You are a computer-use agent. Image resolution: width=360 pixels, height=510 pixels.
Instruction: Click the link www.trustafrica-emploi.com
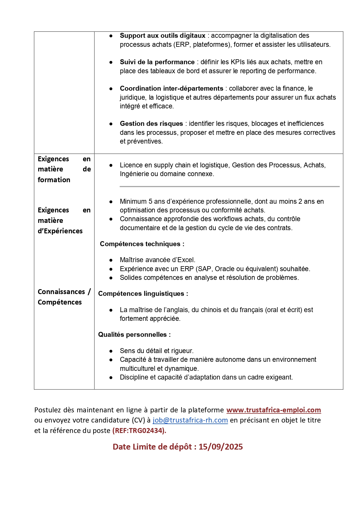pyautogui.click(x=273, y=410)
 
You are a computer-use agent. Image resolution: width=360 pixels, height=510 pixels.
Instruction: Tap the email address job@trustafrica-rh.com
pyautogui.click(x=190, y=420)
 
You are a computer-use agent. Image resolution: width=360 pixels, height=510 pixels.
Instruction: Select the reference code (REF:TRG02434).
pyautogui.click(x=139, y=431)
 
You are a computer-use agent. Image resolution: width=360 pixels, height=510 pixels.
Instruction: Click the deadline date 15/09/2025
pyautogui.click(x=221, y=447)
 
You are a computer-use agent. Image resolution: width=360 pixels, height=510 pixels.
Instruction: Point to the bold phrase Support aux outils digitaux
pyautogui.click(x=163, y=35)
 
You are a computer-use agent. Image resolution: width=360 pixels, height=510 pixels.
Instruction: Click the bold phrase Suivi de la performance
pyautogui.click(x=157, y=62)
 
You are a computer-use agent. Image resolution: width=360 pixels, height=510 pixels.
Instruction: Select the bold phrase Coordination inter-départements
pyautogui.click(x=171, y=88)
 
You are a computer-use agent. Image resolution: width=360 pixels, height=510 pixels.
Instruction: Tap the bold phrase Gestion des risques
pyautogui.click(x=151, y=124)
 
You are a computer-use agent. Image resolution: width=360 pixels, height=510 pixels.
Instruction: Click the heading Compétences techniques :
pyautogui.click(x=142, y=244)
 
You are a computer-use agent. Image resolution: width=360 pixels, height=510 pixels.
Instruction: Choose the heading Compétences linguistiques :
pyautogui.click(x=143, y=294)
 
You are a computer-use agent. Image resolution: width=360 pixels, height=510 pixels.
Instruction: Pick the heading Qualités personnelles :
pyautogui.click(x=134, y=334)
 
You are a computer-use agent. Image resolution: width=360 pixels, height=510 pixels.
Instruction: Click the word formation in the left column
pyautogui.click(x=54, y=180)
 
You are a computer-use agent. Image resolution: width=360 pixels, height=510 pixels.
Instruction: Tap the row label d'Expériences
pyautogui.click(x=60, y=231)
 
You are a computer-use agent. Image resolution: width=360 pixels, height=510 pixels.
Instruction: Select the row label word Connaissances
pyautogui.click(x=61, y=292)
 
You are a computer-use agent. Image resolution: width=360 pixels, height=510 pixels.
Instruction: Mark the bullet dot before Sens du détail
pyautogui.click(x=111, y=351)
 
